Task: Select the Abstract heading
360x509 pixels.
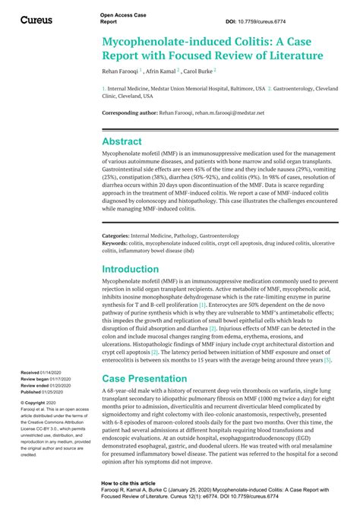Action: (x=122, y=141)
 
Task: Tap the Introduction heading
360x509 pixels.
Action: (x=131, y=269)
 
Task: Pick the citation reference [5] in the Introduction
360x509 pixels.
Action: (x=327, y=339)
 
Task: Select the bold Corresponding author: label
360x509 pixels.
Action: (x=130, y=112)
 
